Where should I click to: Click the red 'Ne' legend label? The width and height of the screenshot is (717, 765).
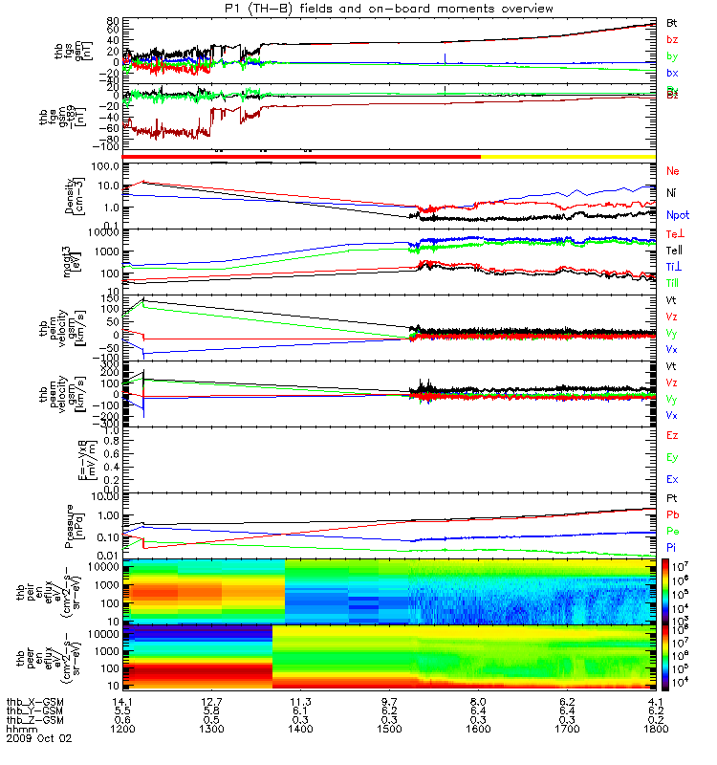tap(673, 171)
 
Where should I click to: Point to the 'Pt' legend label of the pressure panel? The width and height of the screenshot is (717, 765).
tap(672, 499)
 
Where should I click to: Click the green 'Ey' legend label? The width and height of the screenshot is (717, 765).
tap(673, 457)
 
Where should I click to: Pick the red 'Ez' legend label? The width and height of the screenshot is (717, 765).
tap(673, 436)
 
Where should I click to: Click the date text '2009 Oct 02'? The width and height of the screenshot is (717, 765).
tap(39, 738)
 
